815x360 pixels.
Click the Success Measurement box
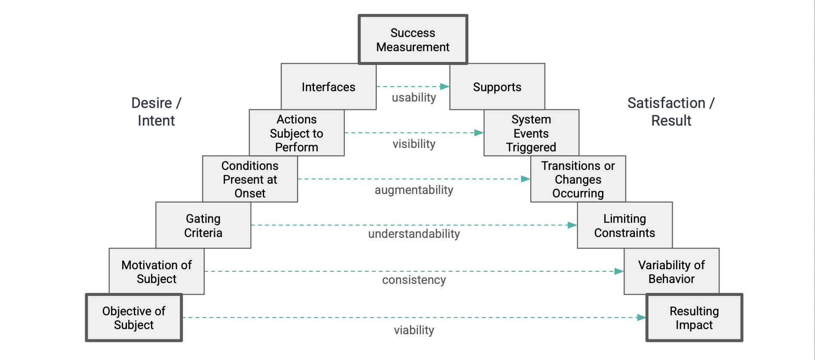tap(413, 40)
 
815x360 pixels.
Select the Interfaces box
tap(329, 87)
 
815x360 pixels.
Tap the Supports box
tap(497, 87)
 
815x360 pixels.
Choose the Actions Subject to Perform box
tap(297, 133)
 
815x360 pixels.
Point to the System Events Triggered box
tap(531, 133)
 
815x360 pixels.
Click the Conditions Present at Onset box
tap(250, 179)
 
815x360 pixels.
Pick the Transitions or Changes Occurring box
tap(578, 179)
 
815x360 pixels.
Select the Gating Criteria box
tap(203, 225)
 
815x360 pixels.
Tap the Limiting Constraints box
tap(624, 225)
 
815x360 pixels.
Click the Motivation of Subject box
tap(157, 271)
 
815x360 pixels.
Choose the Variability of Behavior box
tap(671, 271)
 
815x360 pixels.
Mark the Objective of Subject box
tap(134, 318)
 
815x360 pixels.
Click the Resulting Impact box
tap(694, 318)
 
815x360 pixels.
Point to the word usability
tap(414, 98)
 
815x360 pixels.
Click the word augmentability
tap(414, 190)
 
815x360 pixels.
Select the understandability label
tap(414, 234)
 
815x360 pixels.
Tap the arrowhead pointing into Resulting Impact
tap(641, 317)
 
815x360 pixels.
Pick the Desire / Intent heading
tap(156, 112)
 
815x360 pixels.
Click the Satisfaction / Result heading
tap(671, 112)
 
